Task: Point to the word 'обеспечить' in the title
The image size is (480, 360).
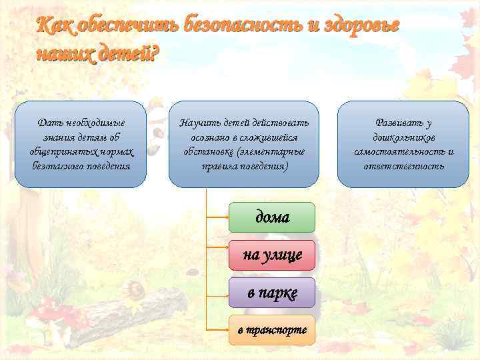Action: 127,26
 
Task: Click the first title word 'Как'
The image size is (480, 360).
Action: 55,26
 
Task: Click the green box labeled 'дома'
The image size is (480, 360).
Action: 271,217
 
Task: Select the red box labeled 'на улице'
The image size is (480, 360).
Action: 271,254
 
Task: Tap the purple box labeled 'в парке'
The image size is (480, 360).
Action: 271,293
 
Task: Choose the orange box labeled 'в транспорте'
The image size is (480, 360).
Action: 271,330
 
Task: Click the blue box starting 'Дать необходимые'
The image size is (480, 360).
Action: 81,144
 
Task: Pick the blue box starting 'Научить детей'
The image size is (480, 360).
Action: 243,144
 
